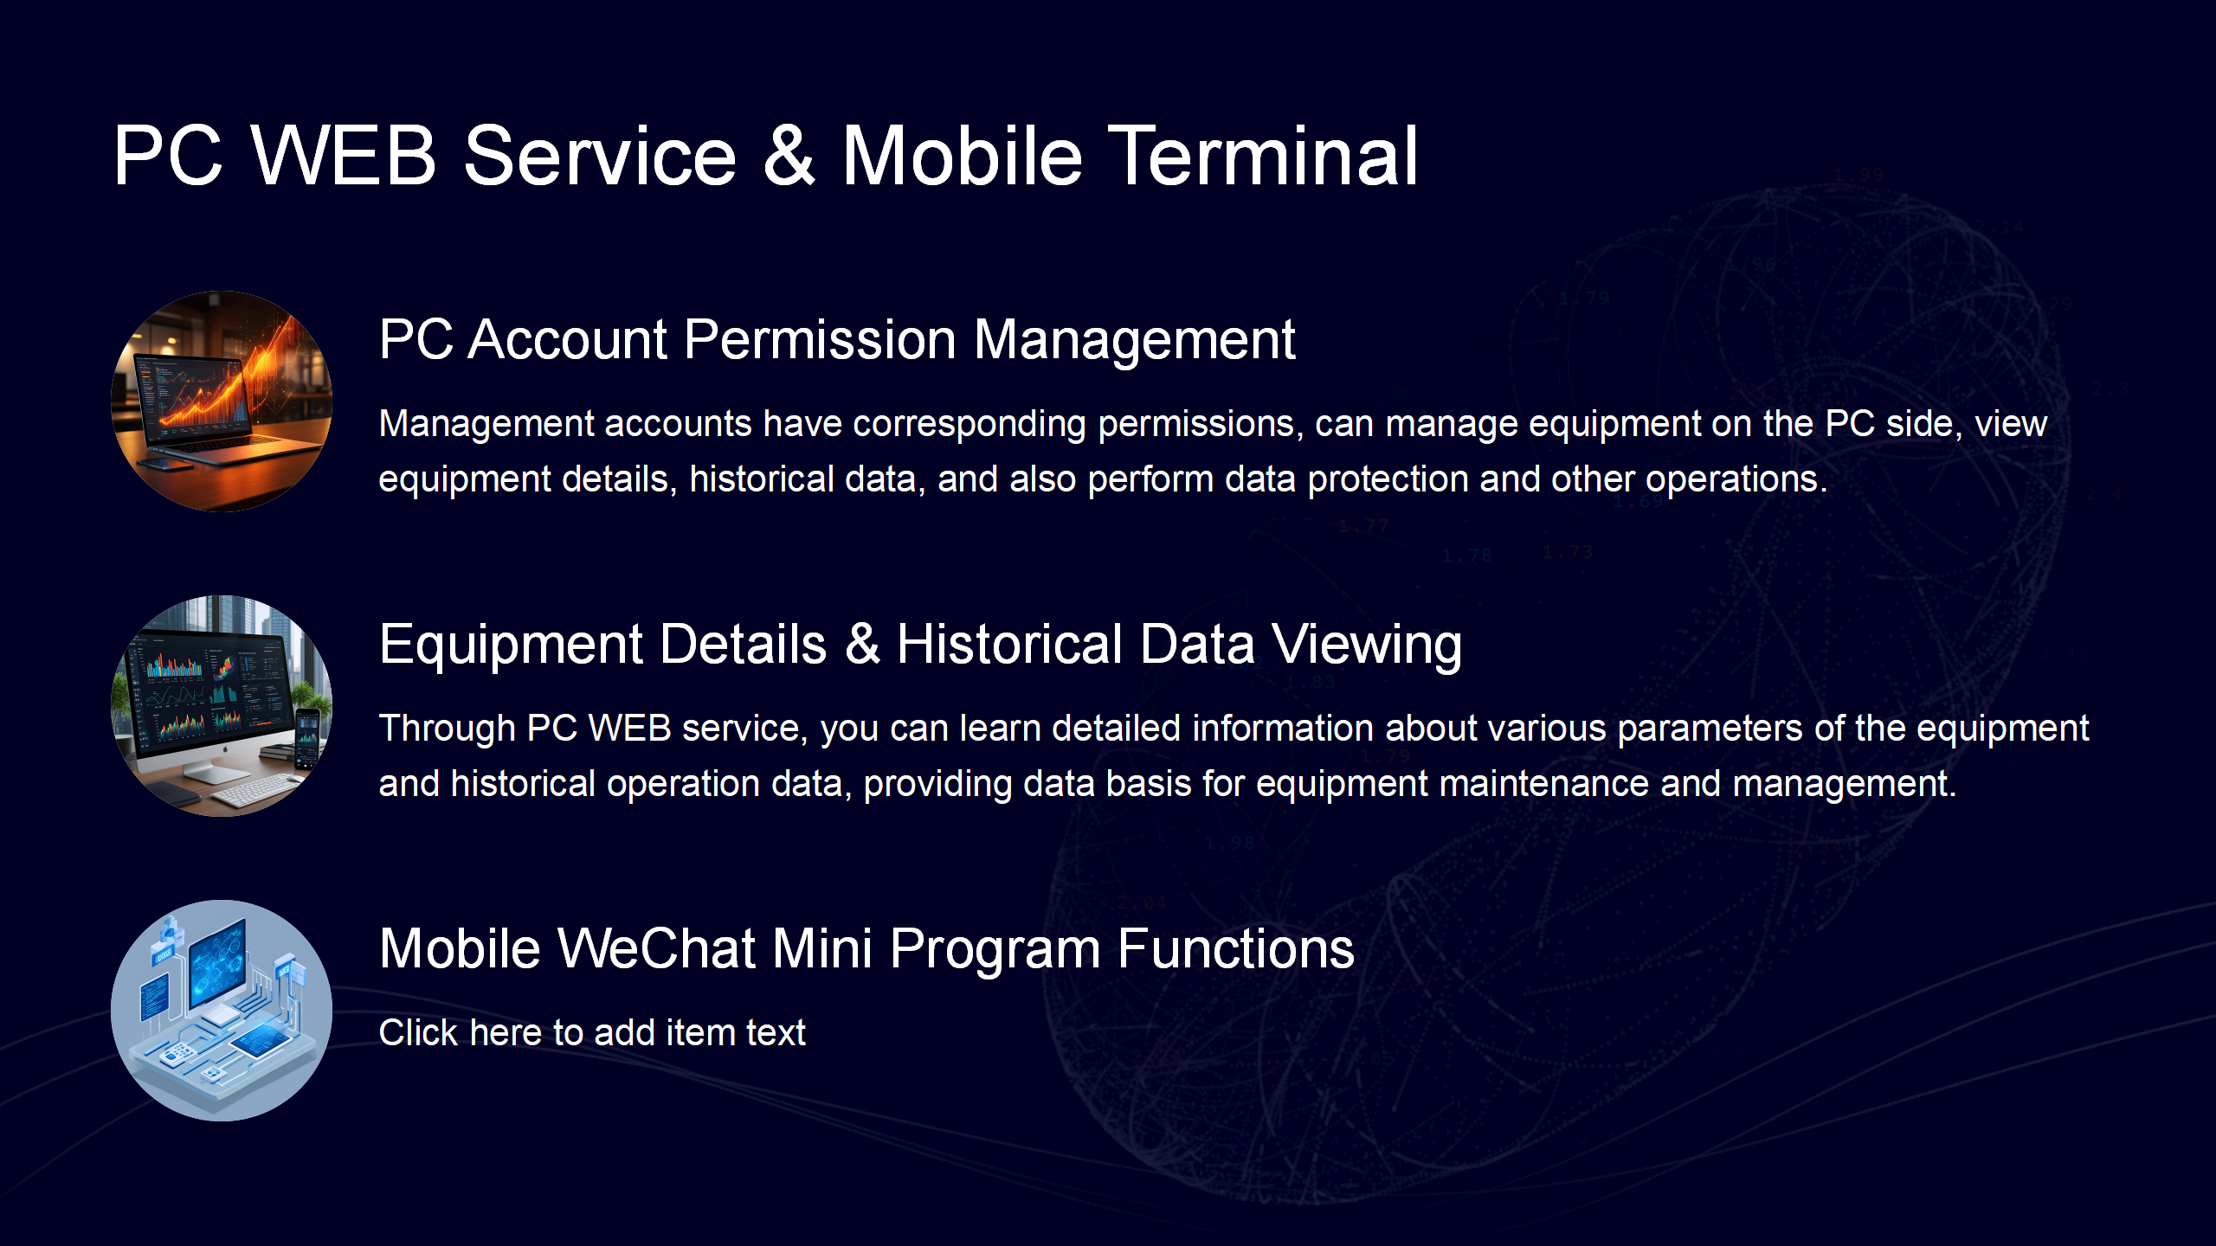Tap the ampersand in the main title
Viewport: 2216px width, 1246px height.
(789, 156)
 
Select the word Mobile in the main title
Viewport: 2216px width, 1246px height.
(963, 156)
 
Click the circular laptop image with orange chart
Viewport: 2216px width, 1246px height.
(222, 401)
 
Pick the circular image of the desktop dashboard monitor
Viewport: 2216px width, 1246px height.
(222, 706)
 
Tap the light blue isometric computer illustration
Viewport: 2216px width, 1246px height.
(222, 1011)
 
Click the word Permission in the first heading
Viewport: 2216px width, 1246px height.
(820, 339)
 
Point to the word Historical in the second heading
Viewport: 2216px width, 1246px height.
(1009, 644)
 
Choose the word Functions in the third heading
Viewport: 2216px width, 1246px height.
(1236, 948)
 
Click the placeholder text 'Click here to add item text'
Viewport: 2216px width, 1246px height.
(592, 1032)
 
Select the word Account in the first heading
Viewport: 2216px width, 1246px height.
(567, 339)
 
